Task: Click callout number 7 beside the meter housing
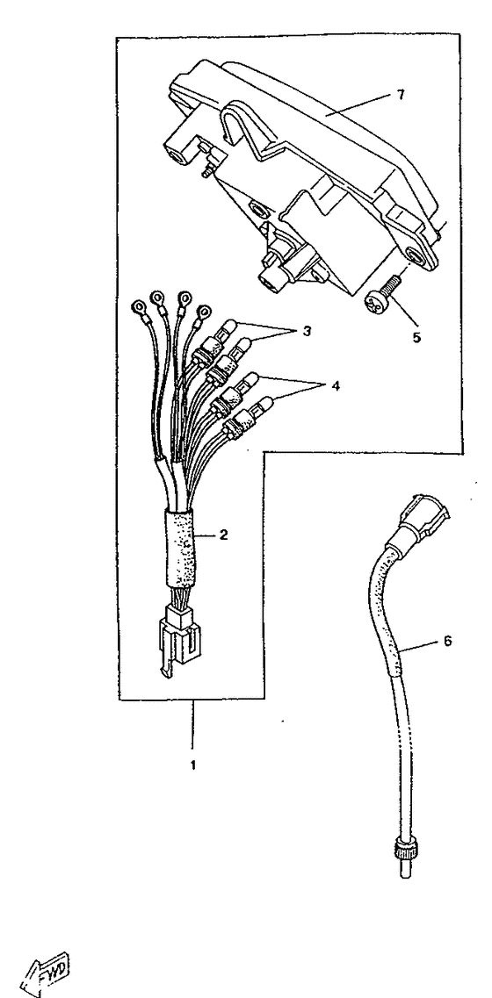point(401,94)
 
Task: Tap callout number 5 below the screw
point(416,337)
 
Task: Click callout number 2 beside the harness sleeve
point(223,534)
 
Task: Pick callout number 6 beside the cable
point(447,642)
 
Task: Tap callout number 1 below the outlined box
point(193,765)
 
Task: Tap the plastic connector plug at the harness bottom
point(179,640)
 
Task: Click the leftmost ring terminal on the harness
point(138,308)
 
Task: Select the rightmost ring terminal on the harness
point(205,312)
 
